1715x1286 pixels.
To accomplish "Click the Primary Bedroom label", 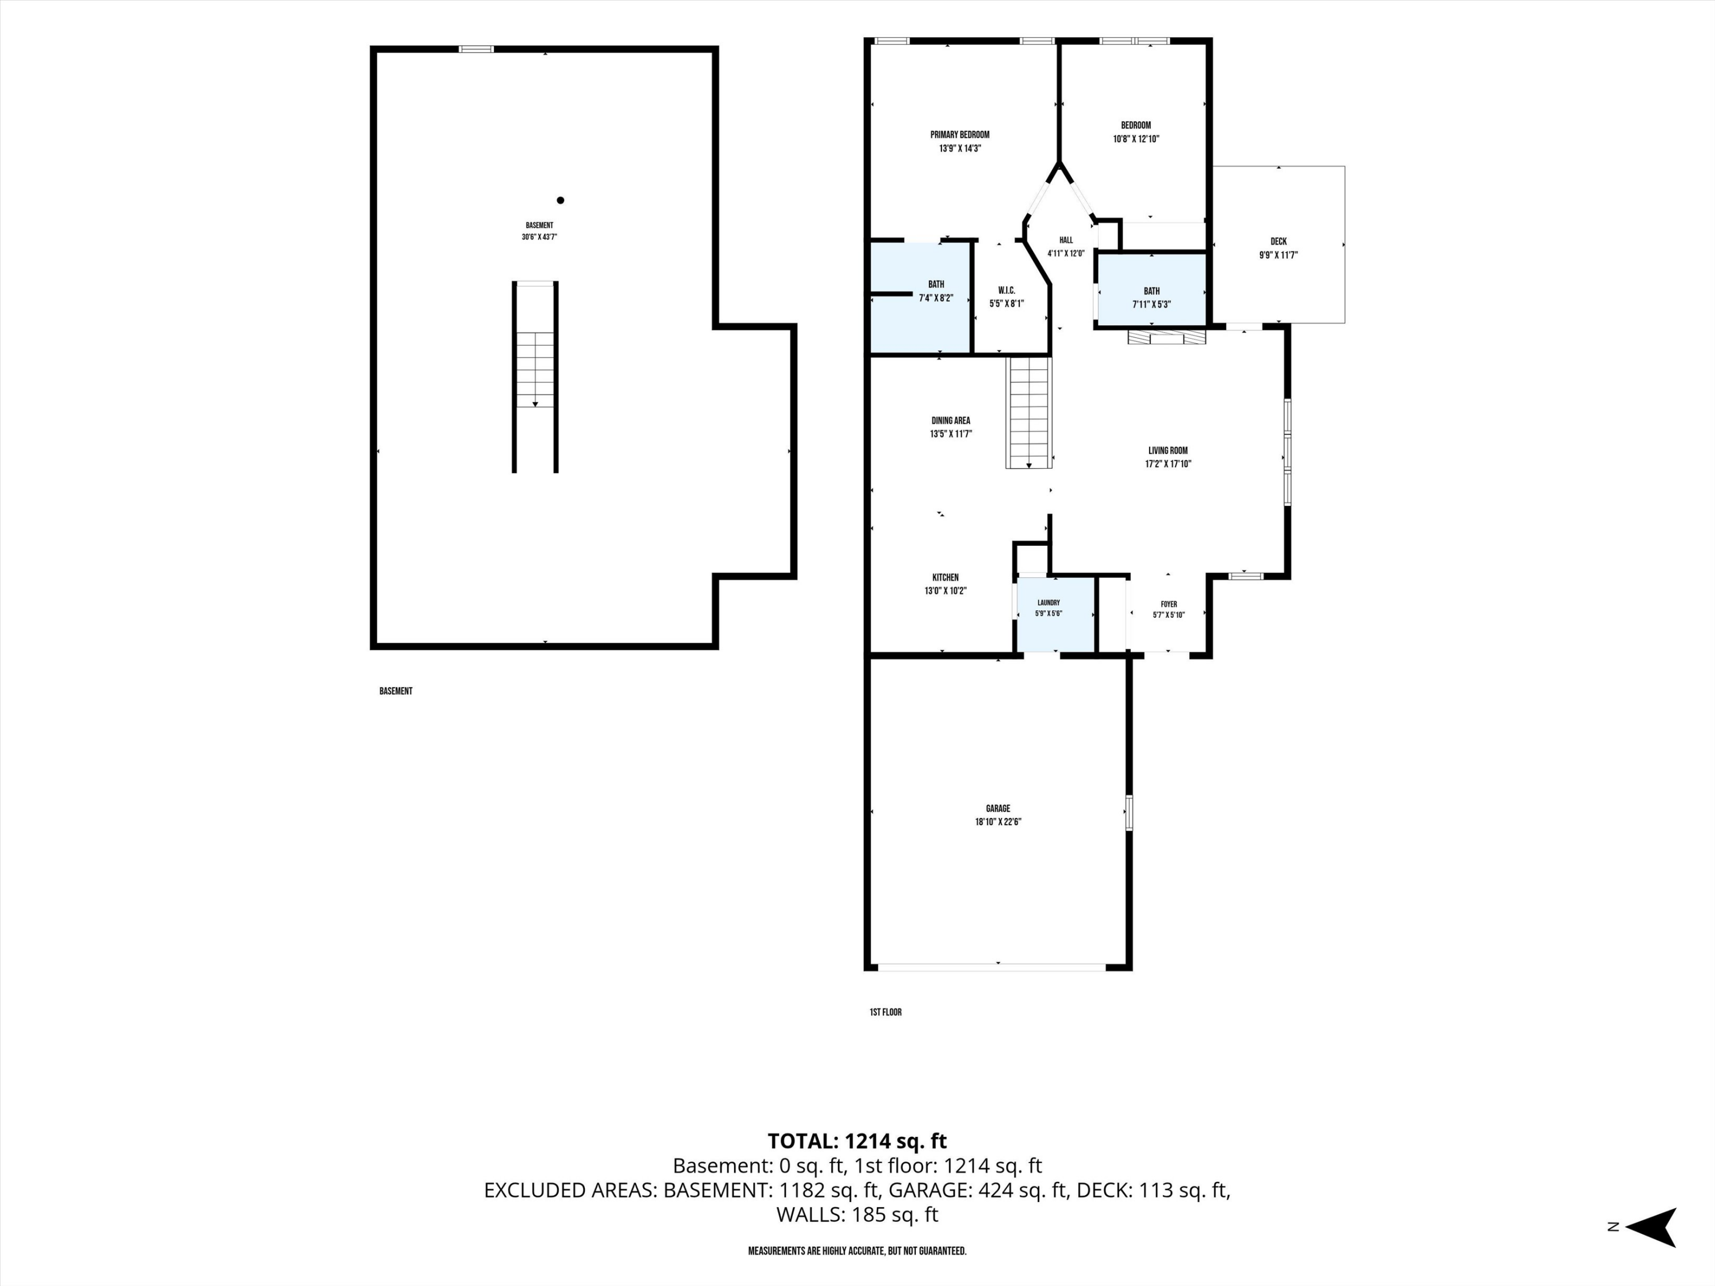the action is click(960, 135).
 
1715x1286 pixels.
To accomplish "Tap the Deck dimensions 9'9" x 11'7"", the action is click(1278, 255).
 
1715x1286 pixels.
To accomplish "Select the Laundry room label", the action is click(1048, 602).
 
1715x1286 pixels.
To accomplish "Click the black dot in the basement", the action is click(561, 200).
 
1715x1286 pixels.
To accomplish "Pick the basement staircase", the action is click(535, 377).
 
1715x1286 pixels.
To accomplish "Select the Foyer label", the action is click(1168, 605).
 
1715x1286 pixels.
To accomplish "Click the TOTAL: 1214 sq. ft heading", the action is click(857, 1141).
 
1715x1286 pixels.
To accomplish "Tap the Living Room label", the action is click(1167, 450).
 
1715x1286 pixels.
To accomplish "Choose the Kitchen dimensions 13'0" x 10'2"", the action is click(945, 590).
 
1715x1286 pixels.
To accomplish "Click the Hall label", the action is click(1066, 240).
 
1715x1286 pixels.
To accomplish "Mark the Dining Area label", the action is click(951, 421).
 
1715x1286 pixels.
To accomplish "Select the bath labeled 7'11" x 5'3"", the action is click(1151, 291).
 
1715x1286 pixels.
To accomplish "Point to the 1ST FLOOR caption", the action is click(886, 1012).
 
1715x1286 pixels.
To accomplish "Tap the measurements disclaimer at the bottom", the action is click(857, 1251).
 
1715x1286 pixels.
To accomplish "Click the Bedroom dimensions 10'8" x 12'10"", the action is click(1136, 139).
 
